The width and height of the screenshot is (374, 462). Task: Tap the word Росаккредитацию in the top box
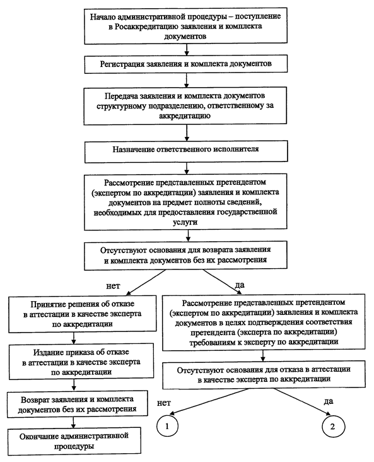tap(144, 27)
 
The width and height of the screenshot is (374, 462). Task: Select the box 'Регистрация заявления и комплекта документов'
tap(186, 64)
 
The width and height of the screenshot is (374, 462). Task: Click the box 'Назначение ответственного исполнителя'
tap(186, 151)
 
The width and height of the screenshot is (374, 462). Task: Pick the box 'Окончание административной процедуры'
tap(74, 441)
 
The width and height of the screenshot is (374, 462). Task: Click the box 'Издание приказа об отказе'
tap(81, 362)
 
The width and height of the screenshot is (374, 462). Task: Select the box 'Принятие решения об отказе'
tap(83, 314)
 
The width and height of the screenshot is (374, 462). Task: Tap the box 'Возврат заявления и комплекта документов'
tap(77, 404)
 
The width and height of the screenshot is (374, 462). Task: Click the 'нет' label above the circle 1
tap(164, 403)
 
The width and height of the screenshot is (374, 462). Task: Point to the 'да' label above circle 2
tap(329, 401)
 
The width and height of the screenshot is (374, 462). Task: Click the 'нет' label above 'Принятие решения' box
tap(113, 286)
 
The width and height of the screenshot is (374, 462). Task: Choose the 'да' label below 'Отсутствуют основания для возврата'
tap(240, 285)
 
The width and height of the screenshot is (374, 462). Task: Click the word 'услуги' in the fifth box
tap(185, 222)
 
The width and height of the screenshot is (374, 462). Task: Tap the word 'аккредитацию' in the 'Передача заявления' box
tap(185, 115)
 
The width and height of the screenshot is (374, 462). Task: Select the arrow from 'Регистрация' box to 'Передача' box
tap(186, 80)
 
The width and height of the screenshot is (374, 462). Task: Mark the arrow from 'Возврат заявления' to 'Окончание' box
tap(73, 422)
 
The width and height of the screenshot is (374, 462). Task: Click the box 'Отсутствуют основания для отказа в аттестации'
tap(264, 374)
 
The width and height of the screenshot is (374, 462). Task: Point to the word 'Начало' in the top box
tap(100, 16)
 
